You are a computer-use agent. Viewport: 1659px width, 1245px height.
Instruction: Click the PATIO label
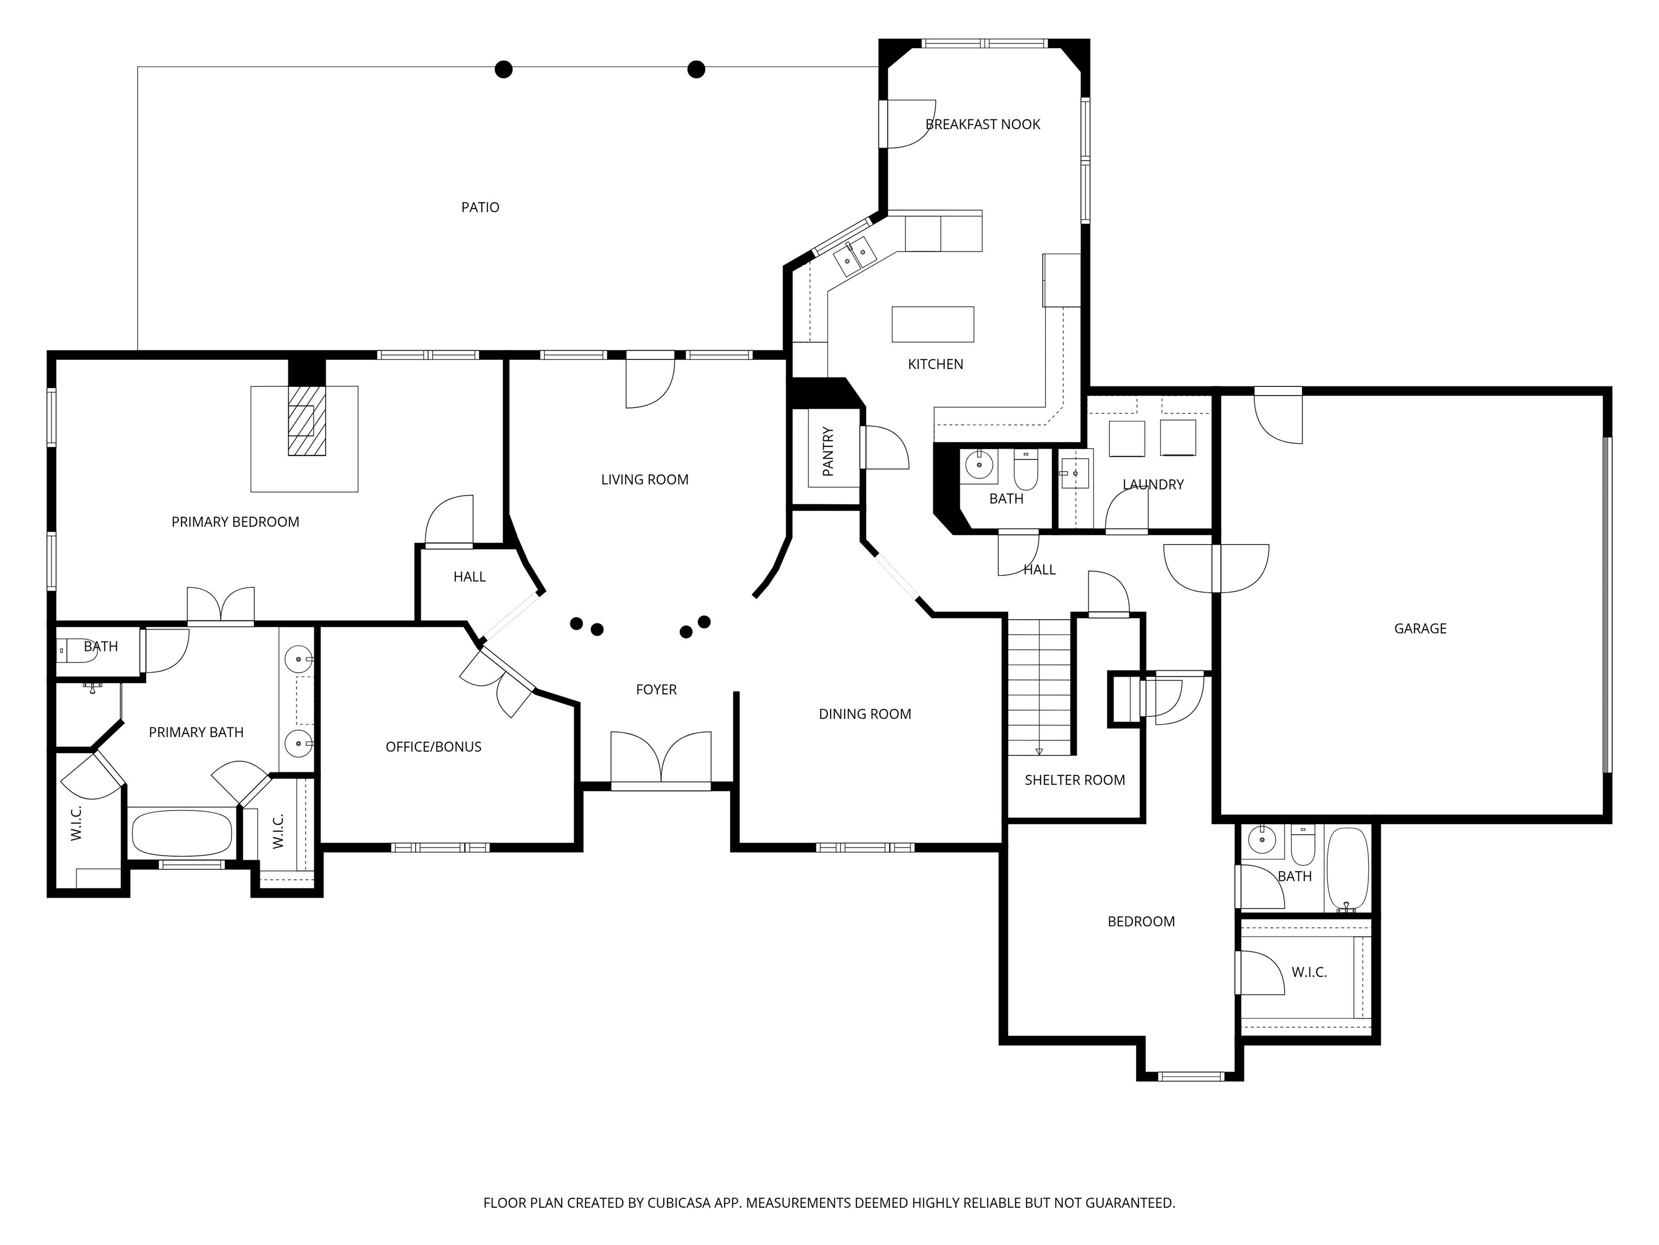click(x=480, y=207)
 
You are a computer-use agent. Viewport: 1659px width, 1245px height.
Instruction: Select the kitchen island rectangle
click(x=932, y=324)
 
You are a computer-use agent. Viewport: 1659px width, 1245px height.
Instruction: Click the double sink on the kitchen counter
click(x=855, y=256)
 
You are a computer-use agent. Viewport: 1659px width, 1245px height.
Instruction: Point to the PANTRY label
click(x=828, y=452)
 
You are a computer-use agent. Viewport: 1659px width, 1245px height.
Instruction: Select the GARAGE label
click(x=1420, y=629)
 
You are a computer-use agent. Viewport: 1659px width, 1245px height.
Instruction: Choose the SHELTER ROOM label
click(x=1075, y=780)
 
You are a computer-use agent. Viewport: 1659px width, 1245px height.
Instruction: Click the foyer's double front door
click(x=661, y=759)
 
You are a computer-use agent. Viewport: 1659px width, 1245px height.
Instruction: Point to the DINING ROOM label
click(x=865, y=714)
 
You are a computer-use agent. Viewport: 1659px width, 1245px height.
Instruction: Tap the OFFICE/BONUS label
click(x=434, y=747)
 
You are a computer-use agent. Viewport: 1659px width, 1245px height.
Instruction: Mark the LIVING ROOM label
click(x=644, y=479)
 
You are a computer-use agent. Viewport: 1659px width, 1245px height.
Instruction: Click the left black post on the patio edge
click(x=504, y=70)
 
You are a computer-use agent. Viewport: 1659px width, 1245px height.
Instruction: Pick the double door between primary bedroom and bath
click(x=220, y=606)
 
